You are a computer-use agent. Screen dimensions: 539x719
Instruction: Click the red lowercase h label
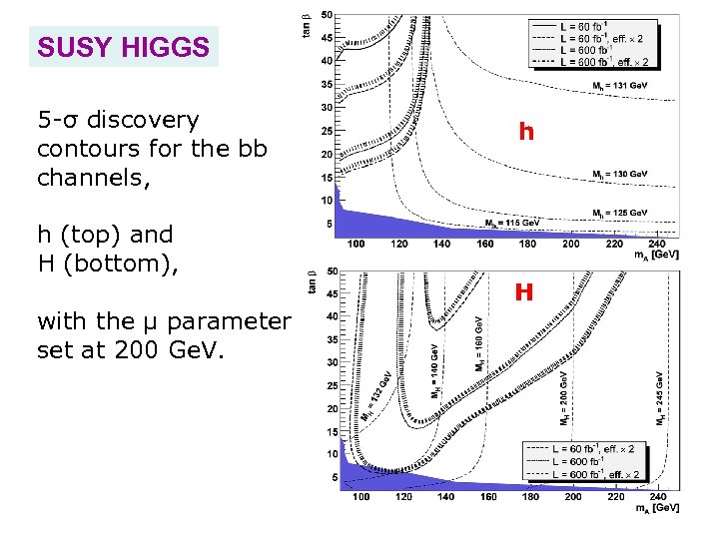(526, 132)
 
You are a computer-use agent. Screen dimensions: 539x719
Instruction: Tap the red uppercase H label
(524, 292)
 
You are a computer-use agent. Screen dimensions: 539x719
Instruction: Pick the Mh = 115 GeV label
(512, 222)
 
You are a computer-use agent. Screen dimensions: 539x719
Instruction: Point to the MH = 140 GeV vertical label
(434, 371)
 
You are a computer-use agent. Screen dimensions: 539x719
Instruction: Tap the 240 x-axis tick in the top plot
(656, 244)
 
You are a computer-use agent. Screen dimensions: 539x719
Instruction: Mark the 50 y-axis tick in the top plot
(328, 15)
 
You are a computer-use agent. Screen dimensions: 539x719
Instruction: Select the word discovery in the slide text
(144, 121)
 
